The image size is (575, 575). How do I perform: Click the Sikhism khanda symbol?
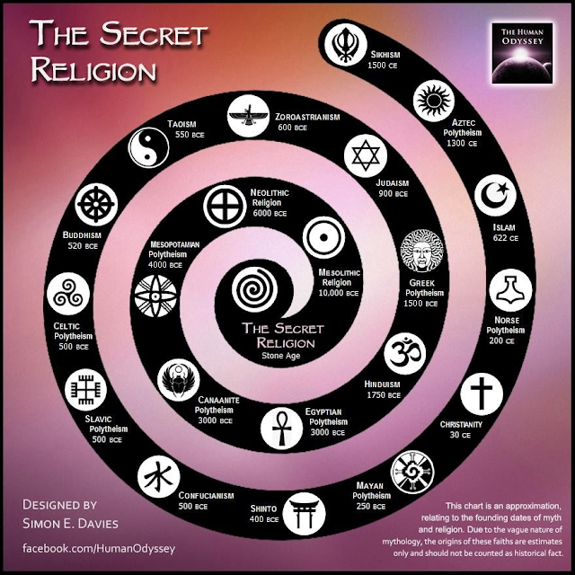[x=345, y=42]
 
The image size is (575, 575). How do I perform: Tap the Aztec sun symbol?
[x=434, y=101]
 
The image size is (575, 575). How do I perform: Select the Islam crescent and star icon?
[x=495, y=195]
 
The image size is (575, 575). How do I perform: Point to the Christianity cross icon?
[x=482, y=393]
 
